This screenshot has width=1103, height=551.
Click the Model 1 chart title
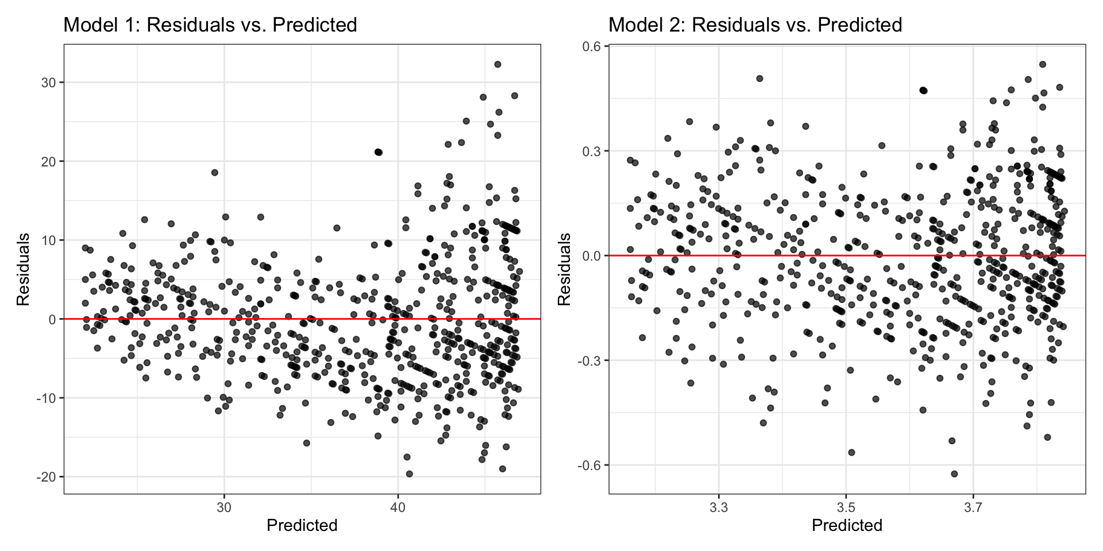(210, 25)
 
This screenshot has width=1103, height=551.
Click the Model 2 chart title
(755, 25)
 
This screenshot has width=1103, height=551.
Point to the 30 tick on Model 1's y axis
(49, 83)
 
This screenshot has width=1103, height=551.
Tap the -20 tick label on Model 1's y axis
(47, 477)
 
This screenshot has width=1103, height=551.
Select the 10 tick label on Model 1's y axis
(49, 240)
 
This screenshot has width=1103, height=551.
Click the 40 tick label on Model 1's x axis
(398, 507)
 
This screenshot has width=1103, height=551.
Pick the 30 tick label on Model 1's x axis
(224, 507)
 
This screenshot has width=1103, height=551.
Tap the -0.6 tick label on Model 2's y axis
(590, 465)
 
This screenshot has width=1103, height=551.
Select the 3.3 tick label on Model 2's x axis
(718, 507)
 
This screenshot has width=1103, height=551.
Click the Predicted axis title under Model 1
(302, 525)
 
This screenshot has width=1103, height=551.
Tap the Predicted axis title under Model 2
(847, 525)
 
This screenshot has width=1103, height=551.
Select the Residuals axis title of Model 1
(23, 269)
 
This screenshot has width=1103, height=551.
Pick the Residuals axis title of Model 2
(565, 269)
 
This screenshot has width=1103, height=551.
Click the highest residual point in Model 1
(497, 64)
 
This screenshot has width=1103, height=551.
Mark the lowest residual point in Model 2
(954, 474)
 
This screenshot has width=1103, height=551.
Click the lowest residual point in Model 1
(410, 474)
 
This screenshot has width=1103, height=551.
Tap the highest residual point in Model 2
(1043, 64)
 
